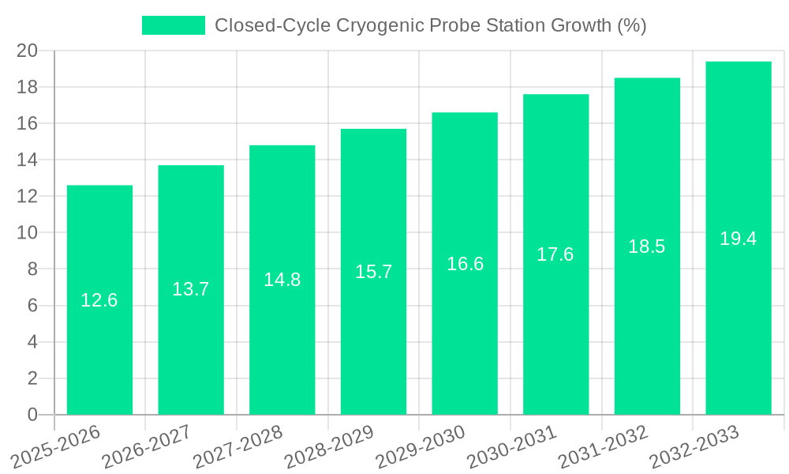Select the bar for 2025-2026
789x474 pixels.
[x=99, y=300]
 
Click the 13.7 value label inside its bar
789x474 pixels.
[x=191, y=289]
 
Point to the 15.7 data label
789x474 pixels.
[x=373, y=272]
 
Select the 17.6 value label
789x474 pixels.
[x=555, y=254]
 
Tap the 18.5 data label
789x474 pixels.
[x=647, y=246]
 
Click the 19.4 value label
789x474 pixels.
[x=739, y=239]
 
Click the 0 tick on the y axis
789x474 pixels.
[x=32, y=415]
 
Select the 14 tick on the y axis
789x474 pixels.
[x=28, y=160]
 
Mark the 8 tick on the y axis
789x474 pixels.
[x=32, y=269]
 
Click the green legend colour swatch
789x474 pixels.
[x=174, y=25]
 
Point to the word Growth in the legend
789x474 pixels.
[x=574, y=25]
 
